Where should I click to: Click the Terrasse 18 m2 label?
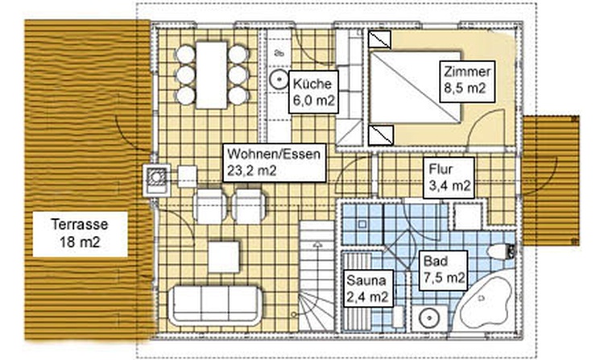pos(80,234)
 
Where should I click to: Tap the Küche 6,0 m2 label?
pos(313,92)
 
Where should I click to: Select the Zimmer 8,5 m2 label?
pos(467,81)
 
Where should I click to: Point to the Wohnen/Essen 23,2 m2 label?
pos(275,163)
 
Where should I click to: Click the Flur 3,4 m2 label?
pos(449,177)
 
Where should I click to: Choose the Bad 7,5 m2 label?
pos(444,271)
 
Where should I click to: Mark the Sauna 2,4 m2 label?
pos(368,288)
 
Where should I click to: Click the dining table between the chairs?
pos(212,75)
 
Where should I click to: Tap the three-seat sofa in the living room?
pos(215,306)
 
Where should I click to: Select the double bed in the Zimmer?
pos(416,88)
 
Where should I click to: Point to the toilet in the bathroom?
pos(501,252)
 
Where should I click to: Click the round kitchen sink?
pos(279,80)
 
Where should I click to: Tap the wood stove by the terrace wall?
pos(156,180)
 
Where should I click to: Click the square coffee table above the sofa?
pos(224,257)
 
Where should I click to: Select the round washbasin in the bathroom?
pos(428,318)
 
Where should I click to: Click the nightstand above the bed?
pos(380,39)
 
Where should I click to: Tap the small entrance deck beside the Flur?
pos(551,180)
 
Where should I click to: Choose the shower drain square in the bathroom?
pos(362,224)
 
